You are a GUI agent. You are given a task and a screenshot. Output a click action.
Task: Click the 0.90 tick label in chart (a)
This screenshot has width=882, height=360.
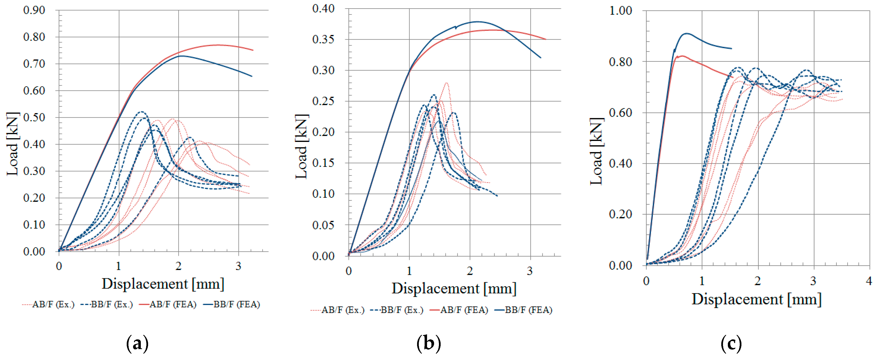[x=34, y=10]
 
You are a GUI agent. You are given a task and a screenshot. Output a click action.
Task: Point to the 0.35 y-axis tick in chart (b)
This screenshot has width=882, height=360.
[x=323, y=39]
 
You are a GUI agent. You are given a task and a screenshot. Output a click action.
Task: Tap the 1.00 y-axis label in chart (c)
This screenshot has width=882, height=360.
[x=621, y=11]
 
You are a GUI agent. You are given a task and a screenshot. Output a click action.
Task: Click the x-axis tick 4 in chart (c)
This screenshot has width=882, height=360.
[x=869, y=281]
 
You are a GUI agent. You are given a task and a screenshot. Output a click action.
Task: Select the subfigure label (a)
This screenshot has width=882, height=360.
[x=137, y=343]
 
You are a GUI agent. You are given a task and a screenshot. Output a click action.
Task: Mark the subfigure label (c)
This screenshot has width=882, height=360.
[x=731, y=343]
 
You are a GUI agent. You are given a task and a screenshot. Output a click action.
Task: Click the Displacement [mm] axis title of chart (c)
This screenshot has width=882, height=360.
[x=756, y=299]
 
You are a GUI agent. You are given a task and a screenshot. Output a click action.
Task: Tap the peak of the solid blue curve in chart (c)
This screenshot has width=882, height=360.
[x=686, y=33]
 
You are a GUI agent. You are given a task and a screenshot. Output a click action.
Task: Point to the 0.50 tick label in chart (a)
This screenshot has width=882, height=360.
[x=34, y=117]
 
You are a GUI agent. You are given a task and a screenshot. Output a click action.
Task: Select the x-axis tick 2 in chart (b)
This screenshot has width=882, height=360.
[x=470, y=271]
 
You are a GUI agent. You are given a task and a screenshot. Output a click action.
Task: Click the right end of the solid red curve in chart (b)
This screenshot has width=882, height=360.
[x=546, y=39]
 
